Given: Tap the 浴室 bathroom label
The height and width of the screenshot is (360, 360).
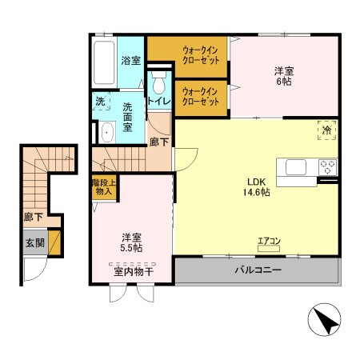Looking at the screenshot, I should click(130, 59).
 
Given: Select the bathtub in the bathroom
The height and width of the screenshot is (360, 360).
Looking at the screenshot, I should click(104, 63).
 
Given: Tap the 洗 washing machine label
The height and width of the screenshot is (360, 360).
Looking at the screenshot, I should click(101, 102).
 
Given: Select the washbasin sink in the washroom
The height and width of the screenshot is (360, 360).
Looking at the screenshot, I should click(104, 133).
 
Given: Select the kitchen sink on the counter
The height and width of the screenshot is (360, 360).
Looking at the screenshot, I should click(294, 167).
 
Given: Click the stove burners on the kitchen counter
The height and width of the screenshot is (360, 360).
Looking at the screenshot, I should click(327, 167).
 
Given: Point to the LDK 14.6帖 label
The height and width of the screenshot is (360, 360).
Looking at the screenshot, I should click(256, 186).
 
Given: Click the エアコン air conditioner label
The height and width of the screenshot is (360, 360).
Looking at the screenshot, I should click(268, 239).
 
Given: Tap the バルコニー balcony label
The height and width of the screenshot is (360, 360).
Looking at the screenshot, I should click(258, 270).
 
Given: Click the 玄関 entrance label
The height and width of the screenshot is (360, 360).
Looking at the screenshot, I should click(33, 242).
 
